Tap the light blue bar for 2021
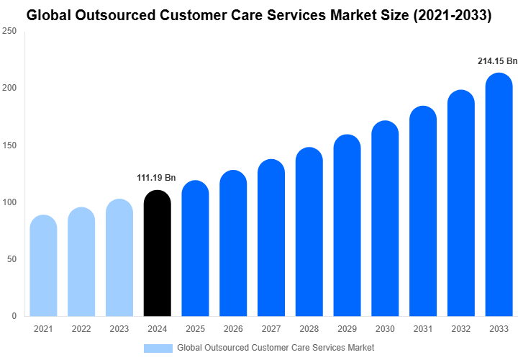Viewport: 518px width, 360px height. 43,266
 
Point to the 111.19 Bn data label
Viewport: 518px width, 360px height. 156,178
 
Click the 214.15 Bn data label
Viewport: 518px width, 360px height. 497,61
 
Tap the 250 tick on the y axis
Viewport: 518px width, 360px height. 9,32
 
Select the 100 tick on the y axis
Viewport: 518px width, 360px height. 9,202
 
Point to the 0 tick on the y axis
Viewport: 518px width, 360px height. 14,316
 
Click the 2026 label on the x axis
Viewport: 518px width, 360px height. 233,329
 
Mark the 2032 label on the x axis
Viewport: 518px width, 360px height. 460,329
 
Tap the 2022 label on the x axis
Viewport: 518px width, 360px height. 81,329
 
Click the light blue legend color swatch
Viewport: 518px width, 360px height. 158,348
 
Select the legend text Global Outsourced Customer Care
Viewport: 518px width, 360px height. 276,348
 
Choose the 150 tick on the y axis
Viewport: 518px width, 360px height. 9,145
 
